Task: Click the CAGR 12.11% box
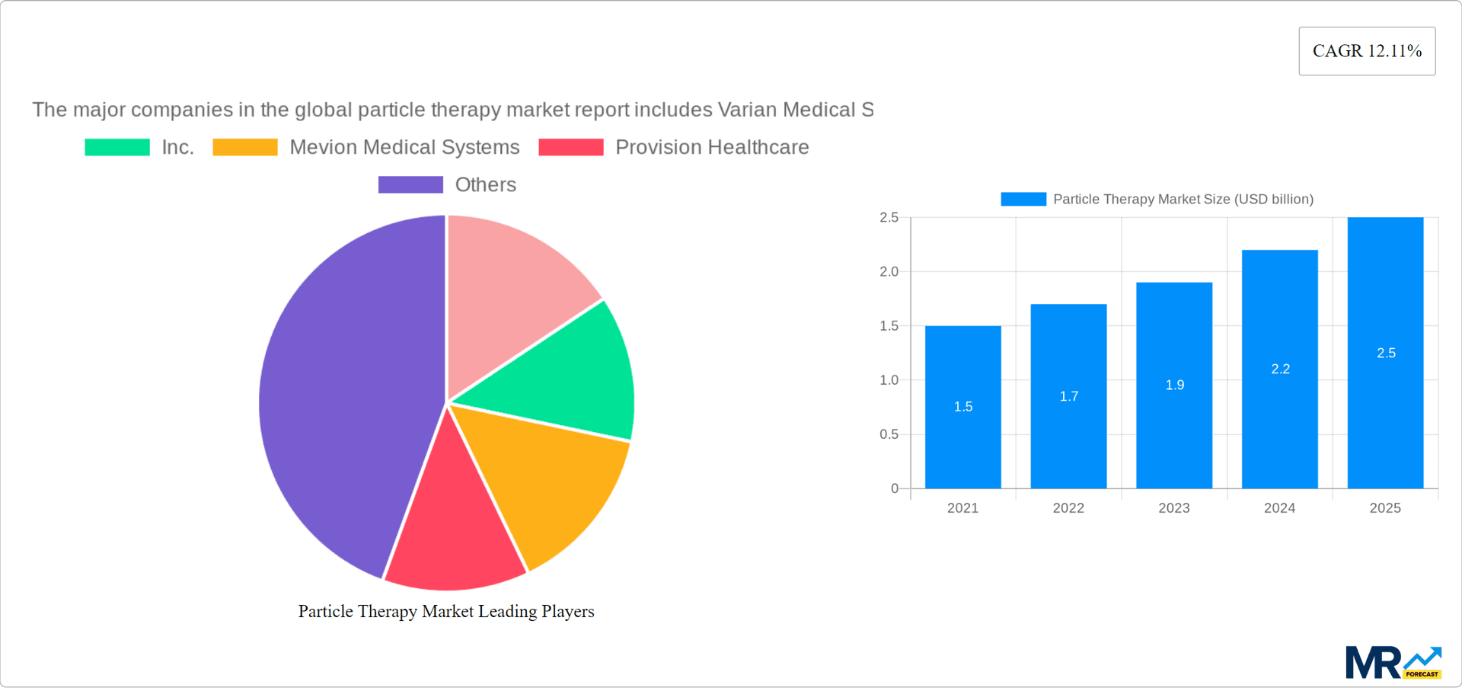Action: (x=1367, y=51)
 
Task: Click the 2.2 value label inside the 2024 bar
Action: (x=1280, y=369)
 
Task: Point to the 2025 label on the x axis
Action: (x=1384, y=508)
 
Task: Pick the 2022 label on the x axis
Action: (x=1068, y=508)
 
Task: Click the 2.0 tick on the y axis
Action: (x=889, y=272)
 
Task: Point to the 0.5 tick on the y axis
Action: (x=889, y=434)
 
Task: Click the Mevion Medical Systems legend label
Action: (x=404, y=147)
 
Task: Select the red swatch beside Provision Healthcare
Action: (x=570, y=147)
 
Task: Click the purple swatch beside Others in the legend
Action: (x=410, y=184)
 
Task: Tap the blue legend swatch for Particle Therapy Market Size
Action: (x=1023, y=199)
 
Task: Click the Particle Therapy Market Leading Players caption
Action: (x=445, y=611)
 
